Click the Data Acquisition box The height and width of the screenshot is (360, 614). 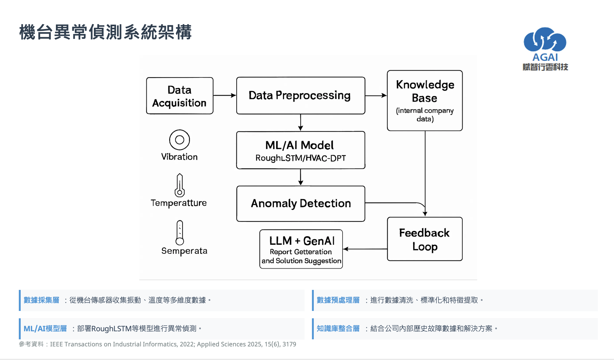tap(180, 96)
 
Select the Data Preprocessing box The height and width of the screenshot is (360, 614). tap(301, 96)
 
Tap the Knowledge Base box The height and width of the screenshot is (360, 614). tap(425, 101)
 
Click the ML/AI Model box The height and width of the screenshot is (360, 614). tap(301, 150)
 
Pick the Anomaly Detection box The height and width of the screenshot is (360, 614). tap(301, 204)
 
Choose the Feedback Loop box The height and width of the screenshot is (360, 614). tap(425, 239)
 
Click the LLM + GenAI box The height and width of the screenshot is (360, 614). tap(301, 249)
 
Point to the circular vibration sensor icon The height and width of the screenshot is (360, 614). tap(179, 140)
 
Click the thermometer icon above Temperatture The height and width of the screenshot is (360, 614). tap(179, 185)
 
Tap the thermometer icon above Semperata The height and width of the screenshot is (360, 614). tap(180, 233)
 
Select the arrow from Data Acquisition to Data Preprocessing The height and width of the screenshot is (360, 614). tap(225, 95)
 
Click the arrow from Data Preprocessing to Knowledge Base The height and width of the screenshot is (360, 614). tap(376, 95)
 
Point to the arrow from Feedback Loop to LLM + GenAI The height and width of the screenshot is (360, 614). tap(365, 249)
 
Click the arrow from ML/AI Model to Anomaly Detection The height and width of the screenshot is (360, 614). tap(301, 177)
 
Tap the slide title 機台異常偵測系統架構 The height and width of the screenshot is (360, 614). tap(106, 32)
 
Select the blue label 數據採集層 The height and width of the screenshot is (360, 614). tap(41, 300)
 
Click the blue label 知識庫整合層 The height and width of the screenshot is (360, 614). tap(338, 329)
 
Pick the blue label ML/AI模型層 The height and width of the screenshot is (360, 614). tap(45, 329)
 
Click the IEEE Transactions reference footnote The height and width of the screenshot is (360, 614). tap(158, 344)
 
